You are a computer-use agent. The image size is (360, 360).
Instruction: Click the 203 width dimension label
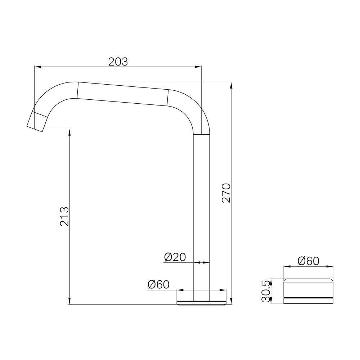pos(118,62)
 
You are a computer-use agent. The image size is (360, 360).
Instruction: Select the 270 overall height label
pos(226,193)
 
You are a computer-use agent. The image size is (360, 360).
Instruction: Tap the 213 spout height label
pos(64,216)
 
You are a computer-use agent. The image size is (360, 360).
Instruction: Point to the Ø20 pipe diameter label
pos(175,257)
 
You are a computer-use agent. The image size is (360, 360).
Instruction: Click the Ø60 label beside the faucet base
pos(158,285)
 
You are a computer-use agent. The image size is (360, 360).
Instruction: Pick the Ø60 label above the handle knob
pos(309,261)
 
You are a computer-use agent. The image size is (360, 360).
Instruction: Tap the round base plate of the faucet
pos(201,303)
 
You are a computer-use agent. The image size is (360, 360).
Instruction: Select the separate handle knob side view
pos(309,291)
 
